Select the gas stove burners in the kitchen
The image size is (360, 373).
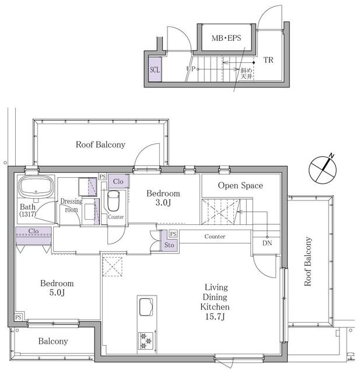pos(145,340)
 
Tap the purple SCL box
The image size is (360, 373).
pos(155,69)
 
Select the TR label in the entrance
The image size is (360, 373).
pos(268,60)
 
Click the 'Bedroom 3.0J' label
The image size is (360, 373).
pos(163,198)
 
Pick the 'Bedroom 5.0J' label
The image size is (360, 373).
pos(57,288)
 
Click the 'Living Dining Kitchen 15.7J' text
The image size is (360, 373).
pos(215,301)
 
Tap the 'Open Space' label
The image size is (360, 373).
pos(240,186)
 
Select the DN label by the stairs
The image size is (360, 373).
pos(267,243)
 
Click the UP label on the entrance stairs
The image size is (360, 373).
pos(190,69)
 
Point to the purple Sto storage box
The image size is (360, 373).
pos(168,245)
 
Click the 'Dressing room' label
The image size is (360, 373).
pos(71,206)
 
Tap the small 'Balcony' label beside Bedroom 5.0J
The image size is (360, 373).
pos(53,342)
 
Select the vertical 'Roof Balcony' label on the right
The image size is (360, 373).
pos(308,261)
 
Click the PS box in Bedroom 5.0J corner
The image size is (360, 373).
pos(19,317)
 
